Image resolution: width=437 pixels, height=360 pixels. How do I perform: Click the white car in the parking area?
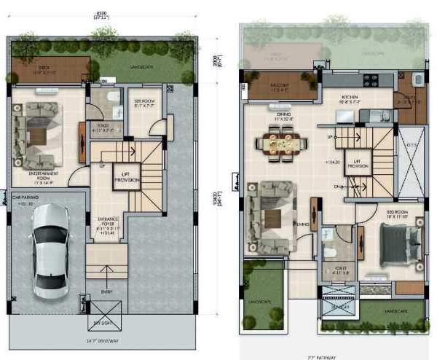point(50,248)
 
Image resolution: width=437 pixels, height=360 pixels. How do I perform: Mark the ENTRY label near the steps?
point(106,292)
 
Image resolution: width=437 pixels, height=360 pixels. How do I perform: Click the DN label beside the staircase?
point(336,187)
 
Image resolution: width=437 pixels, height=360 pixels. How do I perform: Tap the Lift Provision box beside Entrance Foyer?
point(126,177)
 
